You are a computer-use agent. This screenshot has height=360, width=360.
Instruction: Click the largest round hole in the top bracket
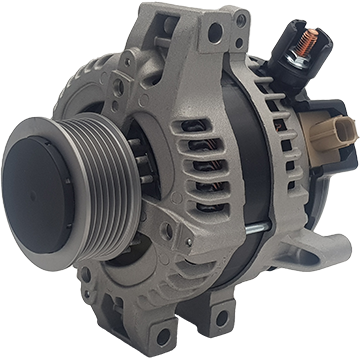coord(213,33)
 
